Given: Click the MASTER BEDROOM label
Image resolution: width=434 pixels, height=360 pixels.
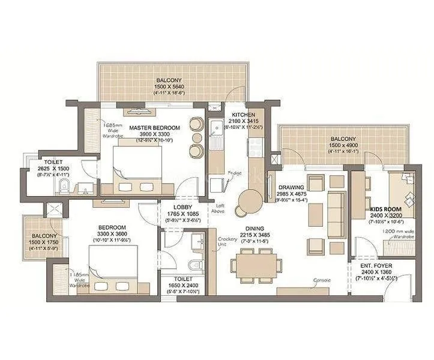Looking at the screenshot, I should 154,128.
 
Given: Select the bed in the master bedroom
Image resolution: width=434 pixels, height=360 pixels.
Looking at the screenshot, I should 137,164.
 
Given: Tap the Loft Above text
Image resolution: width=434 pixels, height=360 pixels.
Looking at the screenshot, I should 220,208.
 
